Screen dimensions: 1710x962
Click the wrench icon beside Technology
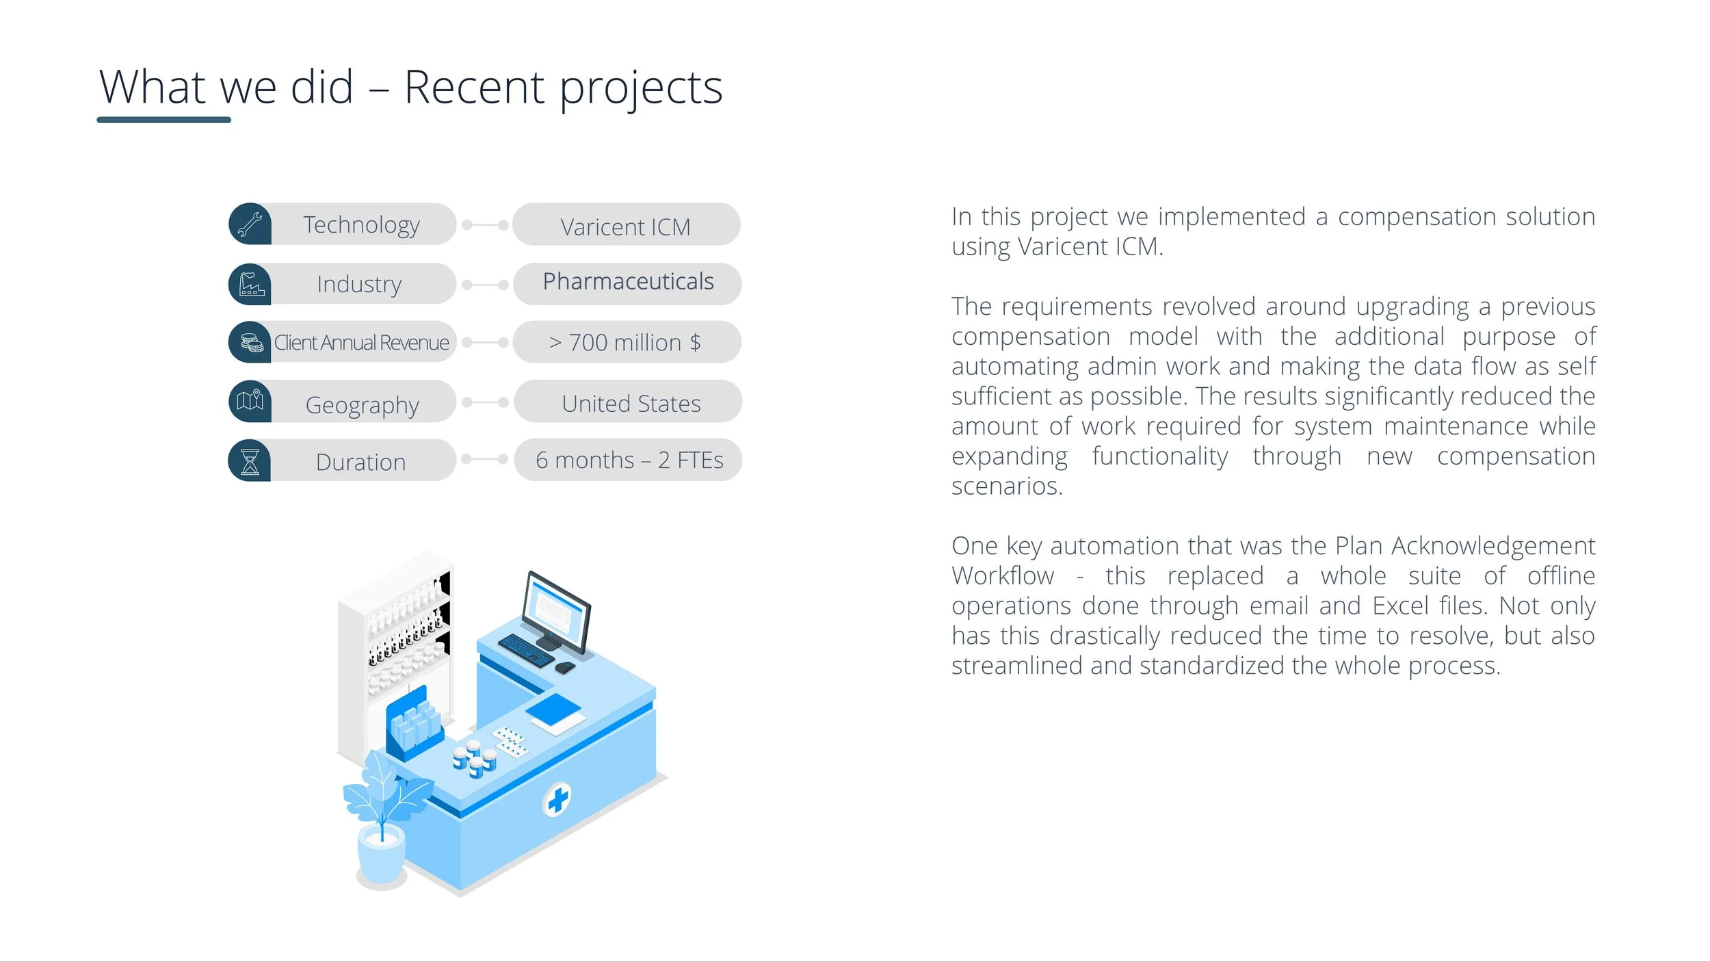[250, 224]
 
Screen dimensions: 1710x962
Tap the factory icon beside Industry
[251, 284]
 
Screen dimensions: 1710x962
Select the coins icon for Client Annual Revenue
[252, 342]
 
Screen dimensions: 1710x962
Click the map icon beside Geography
[250, 400]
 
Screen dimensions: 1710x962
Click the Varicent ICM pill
[626, 224]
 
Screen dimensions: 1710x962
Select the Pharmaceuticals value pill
[627, 283]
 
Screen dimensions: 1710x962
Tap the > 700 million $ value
[625, 342]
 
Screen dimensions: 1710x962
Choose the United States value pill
[628, 402]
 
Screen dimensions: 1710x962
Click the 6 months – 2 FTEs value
[629, 460]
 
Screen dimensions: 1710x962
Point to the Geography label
[362, 405]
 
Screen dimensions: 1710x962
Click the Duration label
[360, 463]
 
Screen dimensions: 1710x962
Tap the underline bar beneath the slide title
[164, 120]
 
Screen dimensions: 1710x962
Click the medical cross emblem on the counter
[557, 799]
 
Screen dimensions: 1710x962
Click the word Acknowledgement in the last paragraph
[1493, 547]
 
